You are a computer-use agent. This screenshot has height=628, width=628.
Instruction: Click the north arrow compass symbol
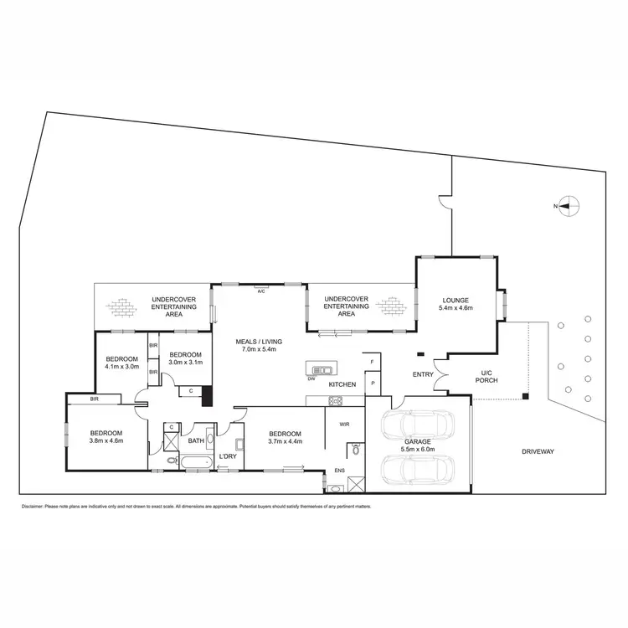(x=569, y=205)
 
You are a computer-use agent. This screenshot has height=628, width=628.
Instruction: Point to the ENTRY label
(x=423, y=374)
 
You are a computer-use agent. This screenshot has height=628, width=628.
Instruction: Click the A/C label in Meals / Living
(x=261, y=291)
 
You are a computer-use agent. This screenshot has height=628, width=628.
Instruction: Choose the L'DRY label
(x=228, y=456)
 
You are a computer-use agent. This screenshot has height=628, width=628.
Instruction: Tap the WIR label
(x=344, y=425)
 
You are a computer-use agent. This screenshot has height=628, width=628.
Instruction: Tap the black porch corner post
(x=524, y=396)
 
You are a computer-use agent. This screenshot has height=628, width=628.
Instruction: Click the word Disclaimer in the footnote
(x=31, y=507)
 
